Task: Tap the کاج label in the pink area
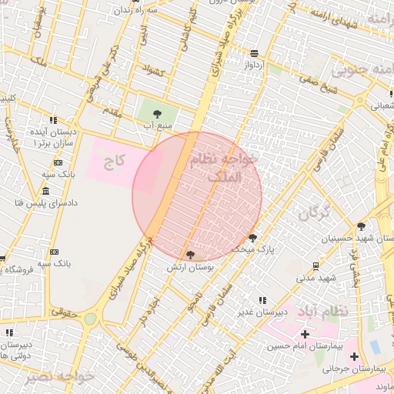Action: click(115, 162)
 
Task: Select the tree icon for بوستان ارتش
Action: click(190, 254)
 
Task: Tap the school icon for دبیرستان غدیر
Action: click(262, 300)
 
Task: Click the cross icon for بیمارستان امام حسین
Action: click(306, 334)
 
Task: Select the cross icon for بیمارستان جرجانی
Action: click(354, 356)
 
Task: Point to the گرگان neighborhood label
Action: click(312, 213)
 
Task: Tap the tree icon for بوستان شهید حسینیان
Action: click(361, 225)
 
